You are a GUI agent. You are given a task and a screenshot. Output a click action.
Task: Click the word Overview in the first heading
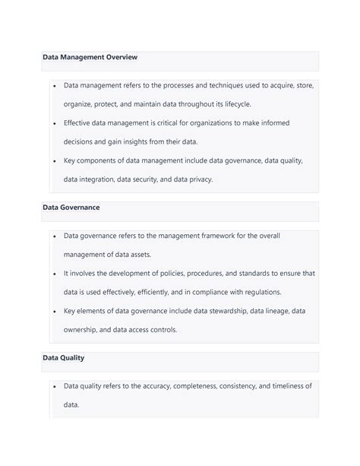(x=118, y=57)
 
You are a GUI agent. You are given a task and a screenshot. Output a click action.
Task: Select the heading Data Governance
(x=71, y=207)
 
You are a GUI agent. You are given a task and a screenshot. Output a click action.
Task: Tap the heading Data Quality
(x=64, y=357)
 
